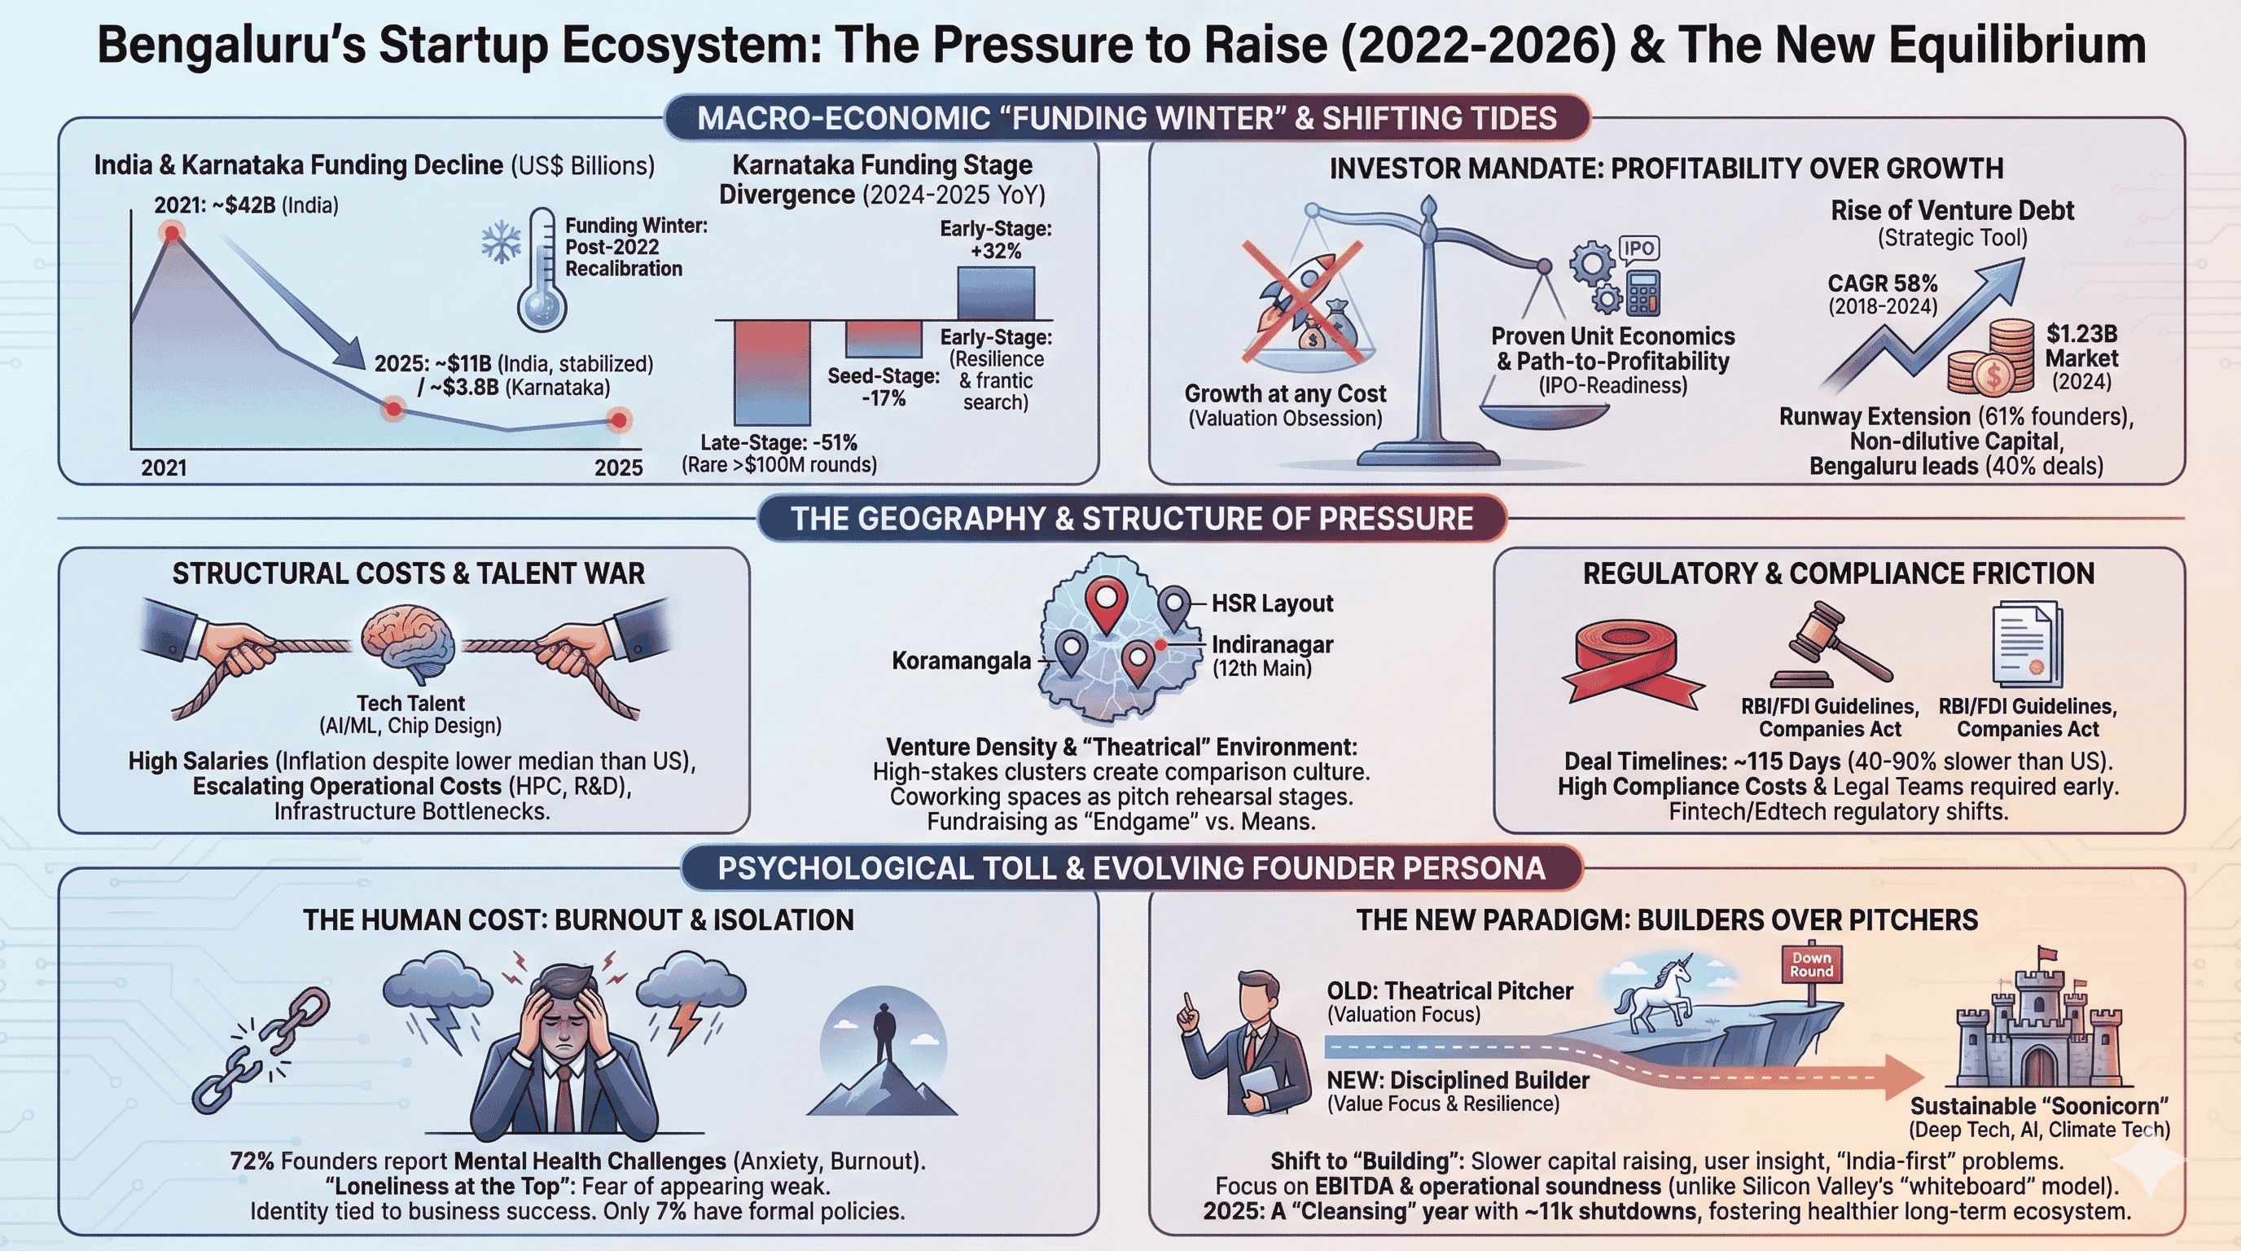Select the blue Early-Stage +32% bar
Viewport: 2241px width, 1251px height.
pyautogui.click(x=995, y=293)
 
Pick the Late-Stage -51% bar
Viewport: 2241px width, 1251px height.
pyautogui.click(x=772, y=371)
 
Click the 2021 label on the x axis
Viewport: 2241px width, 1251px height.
pyautogui.click(x=164, y=468)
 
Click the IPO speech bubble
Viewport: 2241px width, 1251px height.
pyautogui.click(x=1638, y=248)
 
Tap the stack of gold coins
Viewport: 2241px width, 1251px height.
pyautogui.click(x=1990, y=358)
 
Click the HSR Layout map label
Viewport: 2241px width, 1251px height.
pyautogui.click(x=1272, y=603)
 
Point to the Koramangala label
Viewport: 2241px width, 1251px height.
pyautogui.click(x=960, y=661)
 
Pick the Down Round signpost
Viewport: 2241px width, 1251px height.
pyautogui.click(x=1811, y=965)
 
